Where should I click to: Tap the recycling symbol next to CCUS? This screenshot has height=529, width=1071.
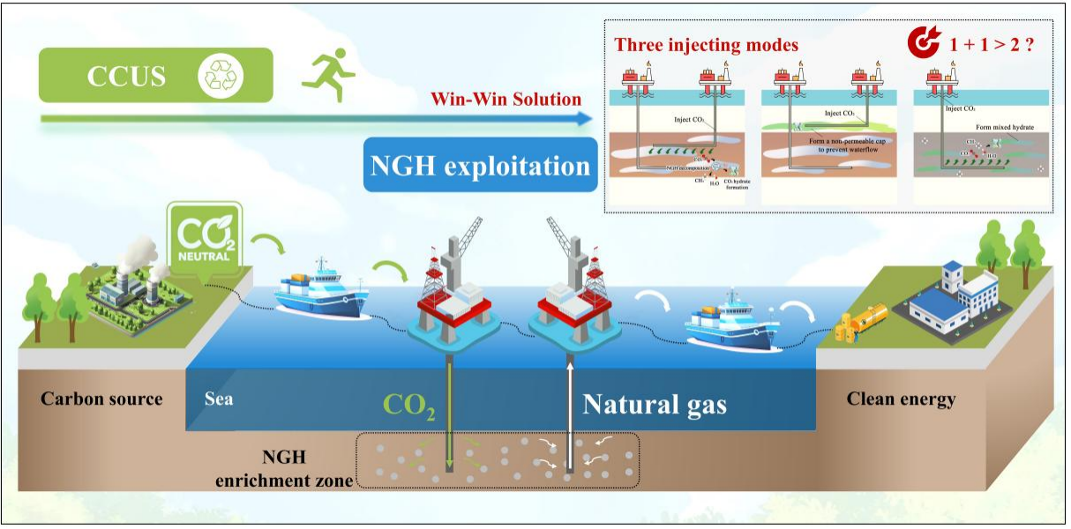tap(216, 75)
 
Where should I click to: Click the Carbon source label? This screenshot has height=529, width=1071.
tap(101, 399)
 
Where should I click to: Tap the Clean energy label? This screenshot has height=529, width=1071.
tap(901, 399)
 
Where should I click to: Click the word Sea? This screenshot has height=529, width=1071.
tap(219, 399)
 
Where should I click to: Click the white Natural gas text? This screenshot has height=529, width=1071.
tap(655, 405)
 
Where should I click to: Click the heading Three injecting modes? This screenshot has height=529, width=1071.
tap(706, 45)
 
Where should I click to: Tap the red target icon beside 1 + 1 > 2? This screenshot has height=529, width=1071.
tap(925, 42)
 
